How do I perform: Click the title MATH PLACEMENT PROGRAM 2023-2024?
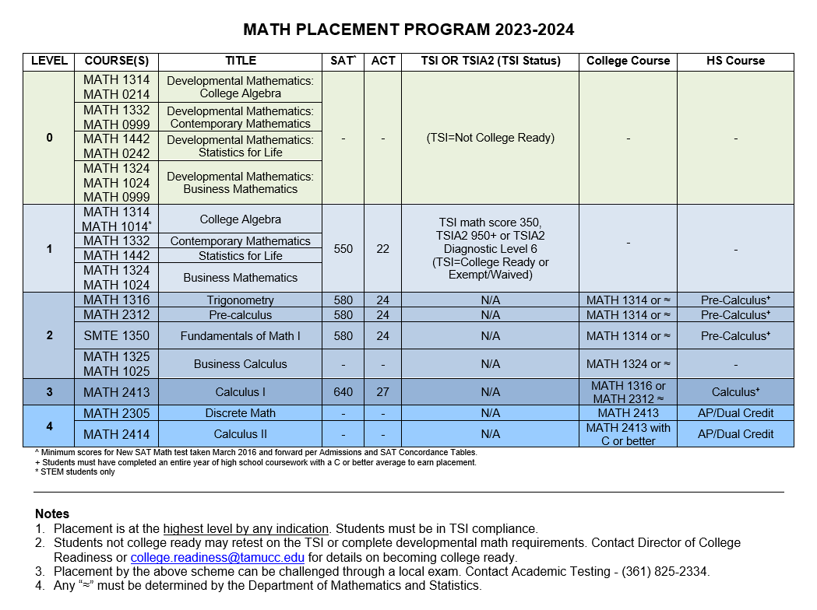click(408, 30)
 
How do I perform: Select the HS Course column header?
click(735, 61)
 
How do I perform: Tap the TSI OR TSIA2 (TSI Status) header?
click(490, 61)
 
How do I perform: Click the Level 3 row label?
click(49, 392)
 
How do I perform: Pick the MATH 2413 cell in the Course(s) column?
click(117, 392)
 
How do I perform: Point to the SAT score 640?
click(343, 392)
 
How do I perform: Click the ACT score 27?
click(382, 392)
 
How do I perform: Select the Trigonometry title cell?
click(240, 300)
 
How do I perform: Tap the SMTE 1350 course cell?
click(117, 336)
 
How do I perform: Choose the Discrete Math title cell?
click(240, 413)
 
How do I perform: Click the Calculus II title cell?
click(240, 434)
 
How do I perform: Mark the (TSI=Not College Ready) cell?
click(490, 138)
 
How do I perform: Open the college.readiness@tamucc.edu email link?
click(217, 558)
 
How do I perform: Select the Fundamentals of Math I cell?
click(240, 336)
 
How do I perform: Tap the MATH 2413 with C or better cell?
click(628, 434)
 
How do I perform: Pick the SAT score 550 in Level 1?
click(343, 249)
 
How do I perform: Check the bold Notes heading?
click(52, 514)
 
